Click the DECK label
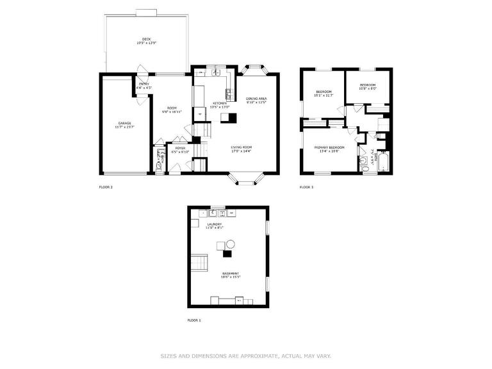pos(147,39)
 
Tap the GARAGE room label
pos(124,123)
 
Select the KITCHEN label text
pos(220,103)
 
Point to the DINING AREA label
pos(256,99)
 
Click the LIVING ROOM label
pos(242,147)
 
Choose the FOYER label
pos(181,148)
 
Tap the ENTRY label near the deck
pos(144,84)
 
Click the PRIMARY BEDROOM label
pos(329,147)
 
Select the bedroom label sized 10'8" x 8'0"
pos(367,85)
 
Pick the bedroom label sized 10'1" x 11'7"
pos(323,92)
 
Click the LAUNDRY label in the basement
pos(214,224)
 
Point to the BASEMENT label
pos(231,273)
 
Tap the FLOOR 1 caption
pos(194,320)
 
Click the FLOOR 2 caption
pos(106,187)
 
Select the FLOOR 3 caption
pos(306,187)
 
